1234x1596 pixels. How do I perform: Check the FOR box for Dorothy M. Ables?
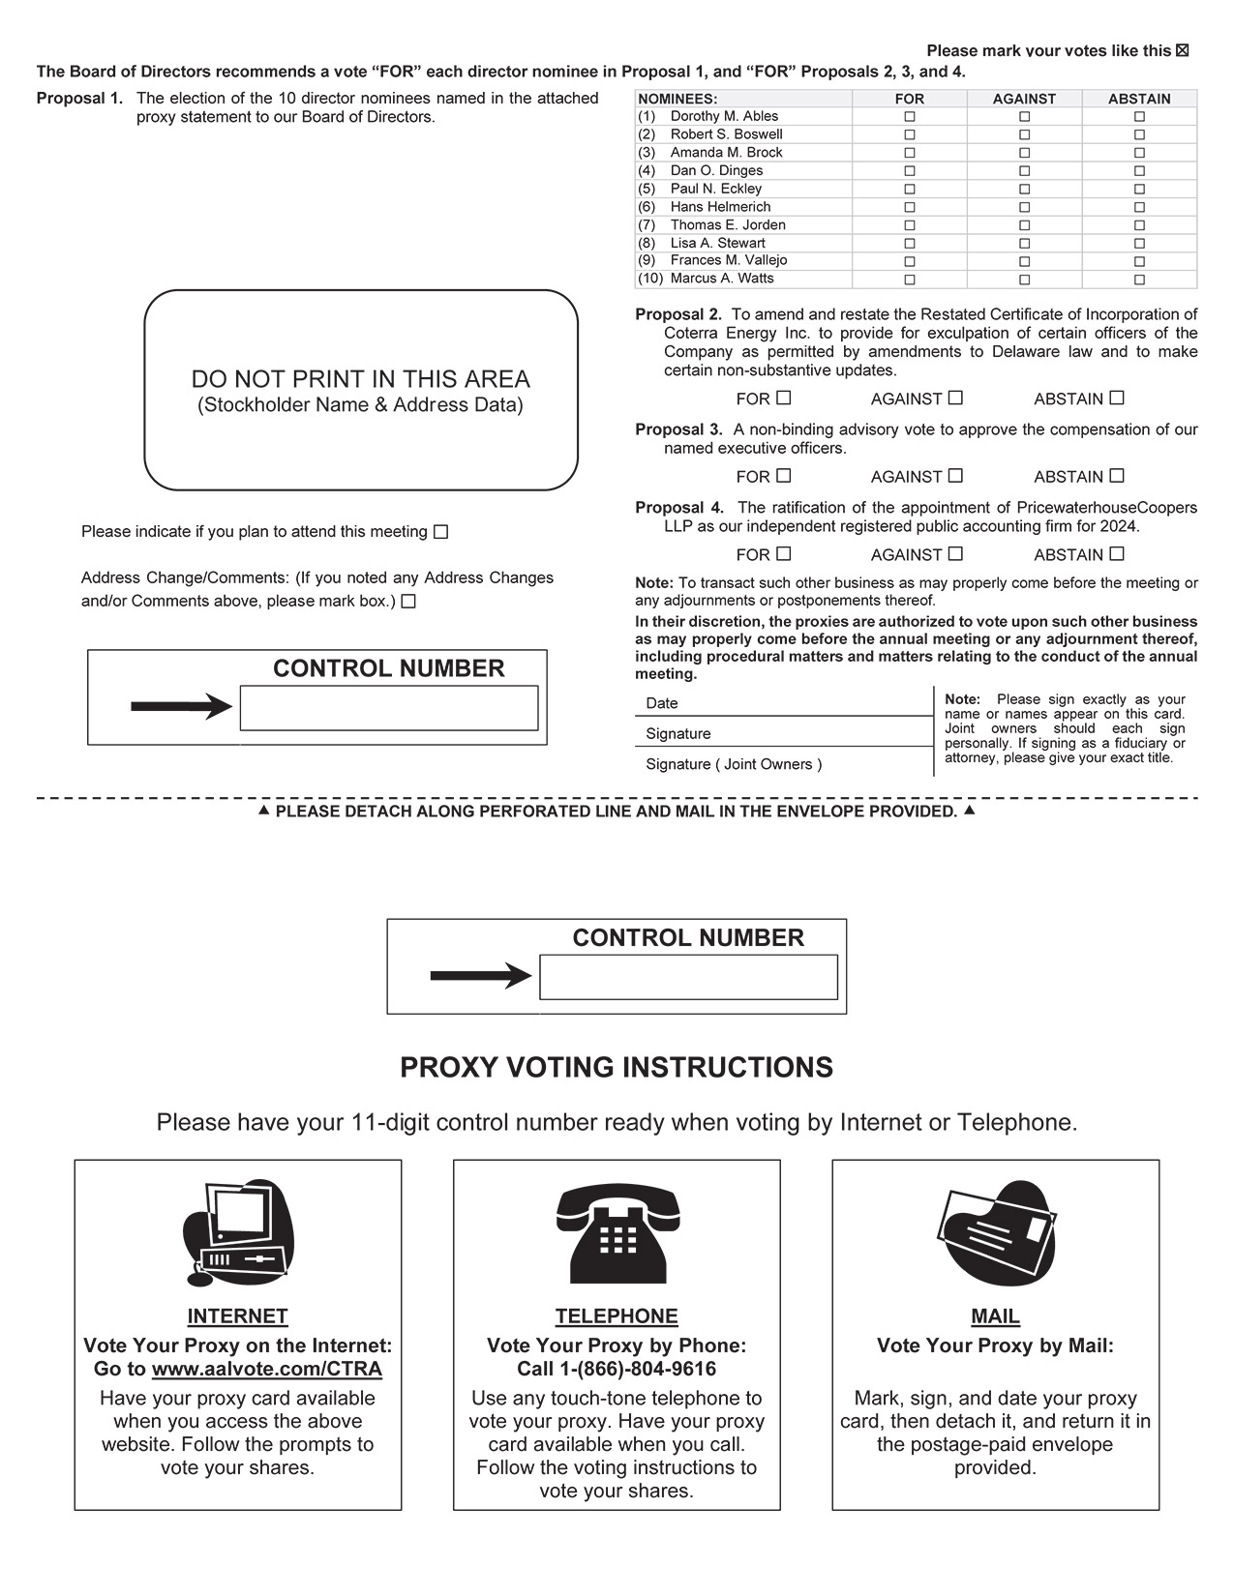[x=909, y=116]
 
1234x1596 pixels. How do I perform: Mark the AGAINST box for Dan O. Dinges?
[x=1024, y=171]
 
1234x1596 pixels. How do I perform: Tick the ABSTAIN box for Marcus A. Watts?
[x=1139, y=280]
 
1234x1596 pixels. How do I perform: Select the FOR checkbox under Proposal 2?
[x=784, y=398]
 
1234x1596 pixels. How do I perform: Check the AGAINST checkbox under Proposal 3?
[x=955, y=476]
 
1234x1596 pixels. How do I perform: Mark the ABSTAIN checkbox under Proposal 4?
[x=1117, y=554]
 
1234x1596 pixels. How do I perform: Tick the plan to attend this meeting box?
[x=440, y=532]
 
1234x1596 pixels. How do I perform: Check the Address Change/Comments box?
[x=408, y=602]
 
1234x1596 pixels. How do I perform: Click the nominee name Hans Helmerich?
[x=720, y=207]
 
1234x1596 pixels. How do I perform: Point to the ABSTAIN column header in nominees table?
[x=1139, y=99]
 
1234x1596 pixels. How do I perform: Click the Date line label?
[x=662, y=703]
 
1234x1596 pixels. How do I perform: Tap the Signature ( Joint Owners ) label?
[x=734, y=764]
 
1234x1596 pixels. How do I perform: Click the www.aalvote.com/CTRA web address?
[x=267, y=1370]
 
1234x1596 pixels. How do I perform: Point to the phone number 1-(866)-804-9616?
[x=638, y=1370]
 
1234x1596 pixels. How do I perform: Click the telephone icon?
[x=617, y=1232]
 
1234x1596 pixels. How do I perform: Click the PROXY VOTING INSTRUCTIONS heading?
[x=617, y=1068]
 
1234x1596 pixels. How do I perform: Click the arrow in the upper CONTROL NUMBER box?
[x=181, y=707]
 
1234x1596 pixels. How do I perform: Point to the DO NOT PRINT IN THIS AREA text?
[x=360, y=379]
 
